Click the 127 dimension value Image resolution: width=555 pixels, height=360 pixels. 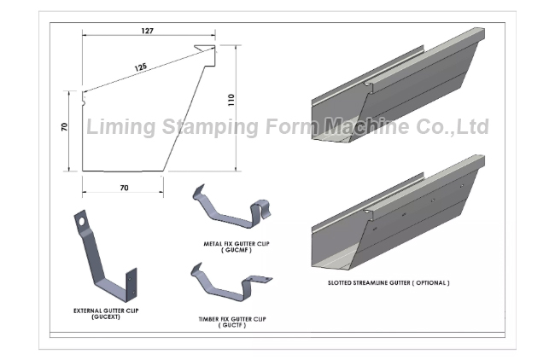[147, 31]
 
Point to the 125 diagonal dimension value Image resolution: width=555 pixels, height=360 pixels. [141, 67]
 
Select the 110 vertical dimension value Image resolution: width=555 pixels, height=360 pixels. [231, 100]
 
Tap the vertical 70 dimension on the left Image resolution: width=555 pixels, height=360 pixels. [64, 126]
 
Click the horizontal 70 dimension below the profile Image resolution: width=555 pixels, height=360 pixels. [125, 188]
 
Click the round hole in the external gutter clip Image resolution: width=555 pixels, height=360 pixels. [82, 222]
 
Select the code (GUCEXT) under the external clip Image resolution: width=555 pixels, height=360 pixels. [106, 316]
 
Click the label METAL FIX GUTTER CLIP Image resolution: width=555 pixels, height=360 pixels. [236, 244]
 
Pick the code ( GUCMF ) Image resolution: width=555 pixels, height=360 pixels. [236, 250]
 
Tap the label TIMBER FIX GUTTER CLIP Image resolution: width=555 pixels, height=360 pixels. [232, 319]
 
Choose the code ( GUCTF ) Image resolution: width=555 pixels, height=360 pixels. [232, 325]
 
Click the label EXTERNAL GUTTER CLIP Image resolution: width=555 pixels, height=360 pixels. [106, 311]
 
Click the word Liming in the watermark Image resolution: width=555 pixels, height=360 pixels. [120, 126]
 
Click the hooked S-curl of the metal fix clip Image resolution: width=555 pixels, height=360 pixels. [261, 210]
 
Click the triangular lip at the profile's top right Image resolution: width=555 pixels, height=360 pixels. [205, 48]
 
